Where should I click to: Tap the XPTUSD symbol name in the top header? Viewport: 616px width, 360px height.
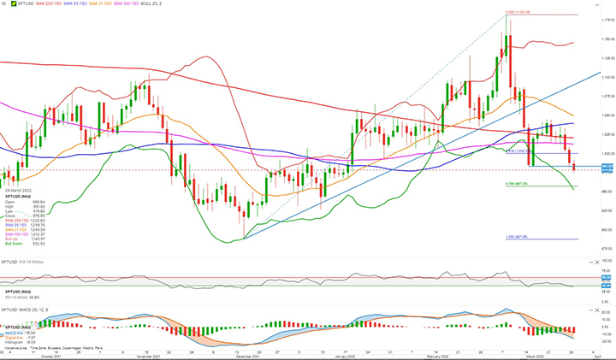[22, 5]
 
